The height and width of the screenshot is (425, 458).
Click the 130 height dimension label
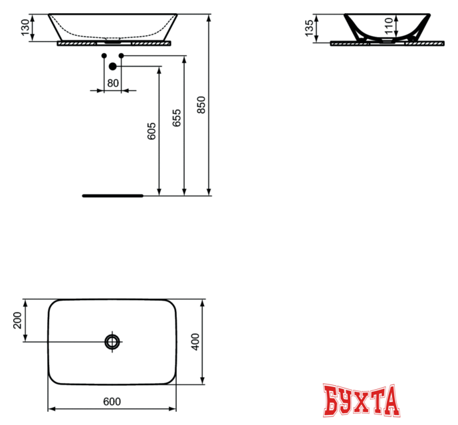click(x=26, y=28)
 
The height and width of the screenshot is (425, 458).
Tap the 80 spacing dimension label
click(x=112, y=84)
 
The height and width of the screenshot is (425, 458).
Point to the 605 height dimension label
click(x=152, y=131)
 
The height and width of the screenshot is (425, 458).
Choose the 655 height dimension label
click(x=176, y=118)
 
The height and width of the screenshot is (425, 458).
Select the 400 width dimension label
click(x=195, y=342)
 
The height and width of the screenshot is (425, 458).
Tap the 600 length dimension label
click(x=112, y=401)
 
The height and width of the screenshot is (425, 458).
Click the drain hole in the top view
click(x=112, y=341)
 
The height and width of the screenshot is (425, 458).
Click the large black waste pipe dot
click(x=112, y=66)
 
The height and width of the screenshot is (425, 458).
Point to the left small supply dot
click(x=104, y=56)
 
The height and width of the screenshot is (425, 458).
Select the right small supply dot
click(x=121, y=56)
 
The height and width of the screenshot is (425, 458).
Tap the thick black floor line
click(x=112, y=196)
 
